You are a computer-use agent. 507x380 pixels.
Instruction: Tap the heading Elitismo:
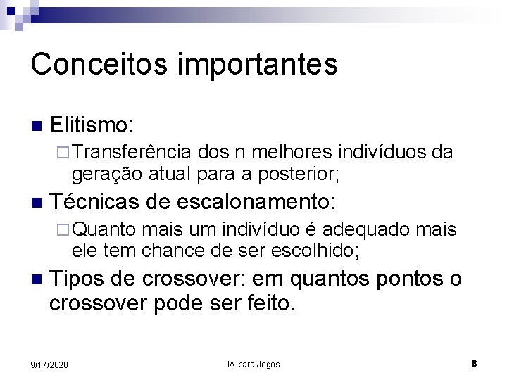(92, 126)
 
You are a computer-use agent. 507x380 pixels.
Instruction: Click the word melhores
(296, 153)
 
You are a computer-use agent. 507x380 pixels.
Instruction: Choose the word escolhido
(318, 249)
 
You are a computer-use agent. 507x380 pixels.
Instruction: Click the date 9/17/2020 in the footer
(49, 365)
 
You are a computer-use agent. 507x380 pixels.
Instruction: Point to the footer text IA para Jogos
(254, 365)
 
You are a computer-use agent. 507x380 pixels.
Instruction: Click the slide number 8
(475, 364)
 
